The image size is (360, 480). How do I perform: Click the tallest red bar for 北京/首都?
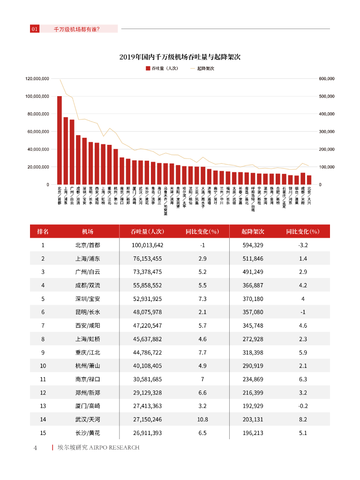(x=60, y=140)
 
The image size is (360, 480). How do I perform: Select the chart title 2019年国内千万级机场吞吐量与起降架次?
(x=180, y=57)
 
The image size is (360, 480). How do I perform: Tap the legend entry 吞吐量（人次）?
(x=162, y=68)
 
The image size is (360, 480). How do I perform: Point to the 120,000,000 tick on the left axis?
(x=37, y=79)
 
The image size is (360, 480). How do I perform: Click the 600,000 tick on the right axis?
(x=327, y=79)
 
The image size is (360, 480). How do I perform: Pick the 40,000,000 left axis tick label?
(x=38, y=149)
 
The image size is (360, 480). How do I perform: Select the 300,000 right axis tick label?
(x=327, y=132)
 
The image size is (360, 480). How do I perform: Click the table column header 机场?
(x=88, y=232)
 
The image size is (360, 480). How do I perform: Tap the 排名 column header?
(x=43, y=232)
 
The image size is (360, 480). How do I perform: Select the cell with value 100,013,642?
(x=147, y=245)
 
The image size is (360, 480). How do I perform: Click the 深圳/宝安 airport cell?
(x=88, y=299)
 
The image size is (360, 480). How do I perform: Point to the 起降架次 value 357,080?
(x=253, y=312)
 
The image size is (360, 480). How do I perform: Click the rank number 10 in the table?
(x=43, y=366)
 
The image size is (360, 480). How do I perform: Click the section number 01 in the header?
(x=34, y=29)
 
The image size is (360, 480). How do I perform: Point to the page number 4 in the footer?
(x=35, y=448)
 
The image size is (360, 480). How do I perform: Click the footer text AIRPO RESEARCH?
(x=114, y=448)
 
